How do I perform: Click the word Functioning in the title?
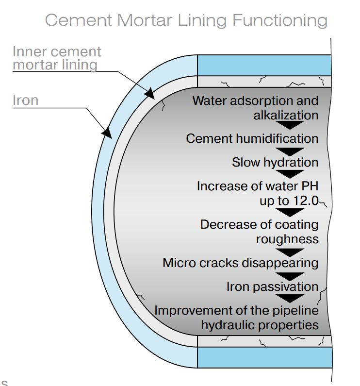(280, 20)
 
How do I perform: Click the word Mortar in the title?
(145, 20)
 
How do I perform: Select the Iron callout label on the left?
(25, 100)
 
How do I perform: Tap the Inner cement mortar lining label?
(57, 58)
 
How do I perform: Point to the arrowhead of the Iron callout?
(107, 133)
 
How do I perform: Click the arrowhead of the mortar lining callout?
(150, 93)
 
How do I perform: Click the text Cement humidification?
(252, 138)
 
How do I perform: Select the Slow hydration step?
(275, 163)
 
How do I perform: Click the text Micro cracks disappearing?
(241, 263)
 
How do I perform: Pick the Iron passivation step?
(272, 287)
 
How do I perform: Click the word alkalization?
(286, 115)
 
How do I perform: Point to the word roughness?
(287, 239)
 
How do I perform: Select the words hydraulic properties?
(260, 325)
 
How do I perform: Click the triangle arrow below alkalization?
(290, 125)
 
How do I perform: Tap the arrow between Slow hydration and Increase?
(290, 174)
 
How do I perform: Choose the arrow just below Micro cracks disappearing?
(290, 277)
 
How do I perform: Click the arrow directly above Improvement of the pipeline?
(290, 299)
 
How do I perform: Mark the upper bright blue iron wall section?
(264, 66)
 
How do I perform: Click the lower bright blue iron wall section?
(265, 357)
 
